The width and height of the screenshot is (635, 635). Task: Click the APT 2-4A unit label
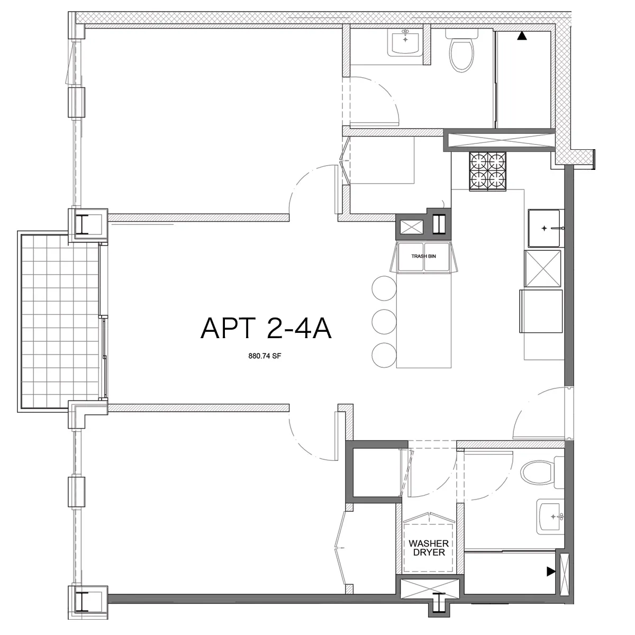point(266,329)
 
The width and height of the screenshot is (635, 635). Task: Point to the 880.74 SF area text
point(266,356)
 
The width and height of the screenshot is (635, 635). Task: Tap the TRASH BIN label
point(423,256)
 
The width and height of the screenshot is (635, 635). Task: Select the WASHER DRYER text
point(428,548)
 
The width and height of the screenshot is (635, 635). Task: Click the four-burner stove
point(487,170)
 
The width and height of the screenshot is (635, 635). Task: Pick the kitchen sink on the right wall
point(544,228)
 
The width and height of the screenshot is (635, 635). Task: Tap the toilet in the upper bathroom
point(461,54)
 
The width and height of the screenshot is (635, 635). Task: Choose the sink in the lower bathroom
point(550,516)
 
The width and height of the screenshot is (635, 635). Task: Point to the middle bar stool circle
point(384,321)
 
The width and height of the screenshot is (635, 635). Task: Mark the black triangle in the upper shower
point(522,37)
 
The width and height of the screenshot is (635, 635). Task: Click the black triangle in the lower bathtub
point(551,571)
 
